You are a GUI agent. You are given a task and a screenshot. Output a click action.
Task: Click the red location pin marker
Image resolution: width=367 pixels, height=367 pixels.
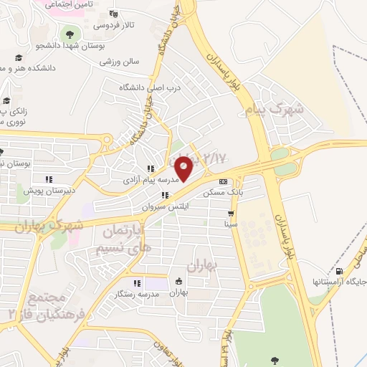184,168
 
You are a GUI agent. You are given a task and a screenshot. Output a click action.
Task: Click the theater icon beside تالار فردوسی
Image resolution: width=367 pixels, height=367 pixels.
113,13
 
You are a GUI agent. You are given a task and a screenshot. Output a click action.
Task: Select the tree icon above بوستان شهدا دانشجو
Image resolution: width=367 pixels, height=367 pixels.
70,34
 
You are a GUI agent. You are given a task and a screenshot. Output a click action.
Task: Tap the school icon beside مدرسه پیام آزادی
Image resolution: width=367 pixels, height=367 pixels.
150,169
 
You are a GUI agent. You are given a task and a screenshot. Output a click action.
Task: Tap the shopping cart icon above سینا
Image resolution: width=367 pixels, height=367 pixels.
231,214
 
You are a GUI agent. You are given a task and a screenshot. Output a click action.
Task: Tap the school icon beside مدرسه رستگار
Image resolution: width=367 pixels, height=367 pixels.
136,283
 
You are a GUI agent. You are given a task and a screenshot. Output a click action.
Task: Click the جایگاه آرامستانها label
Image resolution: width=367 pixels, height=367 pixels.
339,282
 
